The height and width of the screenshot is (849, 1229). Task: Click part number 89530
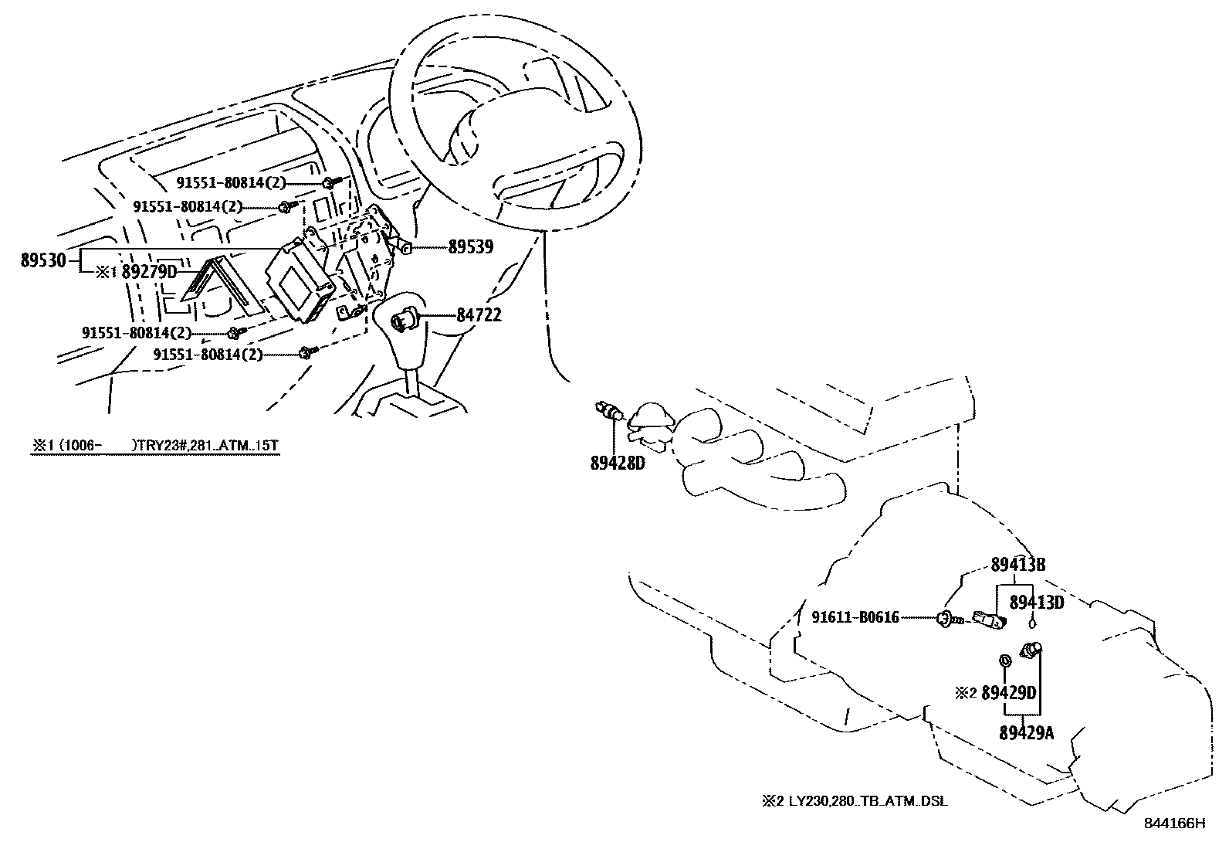click(x=43, y=260)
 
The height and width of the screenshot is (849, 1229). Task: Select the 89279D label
click(x=149, y=272)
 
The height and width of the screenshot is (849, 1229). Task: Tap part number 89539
click(x=470, y=247)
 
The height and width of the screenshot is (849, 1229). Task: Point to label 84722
click(x=479, y=315)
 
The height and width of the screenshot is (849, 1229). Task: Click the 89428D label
click(x=617, y=463)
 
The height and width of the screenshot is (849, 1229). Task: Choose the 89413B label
click(x=1018, y=565)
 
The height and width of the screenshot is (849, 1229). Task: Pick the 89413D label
click(x=1037, y=602)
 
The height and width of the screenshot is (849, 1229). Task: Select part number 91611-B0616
click(x=855, y=617)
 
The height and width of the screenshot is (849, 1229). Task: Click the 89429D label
click(x=1008, y=693)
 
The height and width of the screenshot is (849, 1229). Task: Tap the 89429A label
click(x=1026, y=733)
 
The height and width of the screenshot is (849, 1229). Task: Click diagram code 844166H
click(x=1174, y=824)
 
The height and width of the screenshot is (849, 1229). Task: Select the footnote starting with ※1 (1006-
click(x=154, y=446)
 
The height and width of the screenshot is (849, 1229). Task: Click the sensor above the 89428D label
click(x=611, y=412)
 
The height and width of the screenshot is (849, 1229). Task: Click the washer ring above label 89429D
click(x=1005, y=661)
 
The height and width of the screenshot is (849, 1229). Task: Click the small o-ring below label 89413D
click(x=1033, y=624)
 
